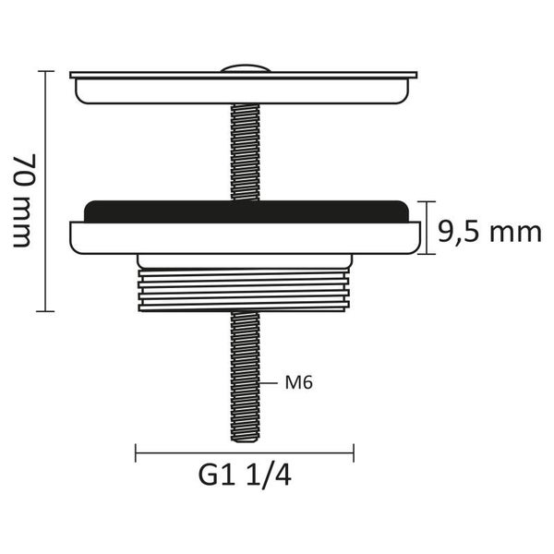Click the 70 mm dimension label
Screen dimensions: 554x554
(25, 200)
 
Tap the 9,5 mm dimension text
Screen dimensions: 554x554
(489, 232)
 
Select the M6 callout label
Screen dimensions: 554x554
(299, 382)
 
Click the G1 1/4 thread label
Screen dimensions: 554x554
(245, 476)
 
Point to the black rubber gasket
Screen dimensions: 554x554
(246, 211)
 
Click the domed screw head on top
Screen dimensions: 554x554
(246, 68)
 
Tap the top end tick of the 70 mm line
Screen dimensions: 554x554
(45, 71)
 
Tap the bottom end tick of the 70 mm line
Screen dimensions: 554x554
(45, 311)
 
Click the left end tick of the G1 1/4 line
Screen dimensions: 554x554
(136, 453)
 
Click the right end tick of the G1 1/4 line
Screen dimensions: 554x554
(354, 453)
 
